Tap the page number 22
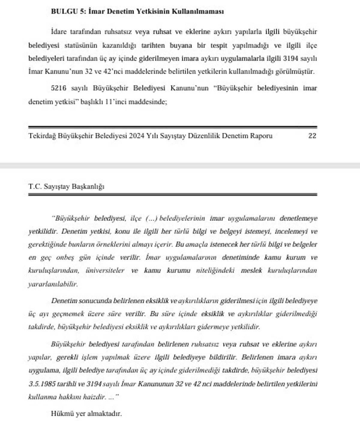tap(312, 136)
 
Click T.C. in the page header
tap(34, 186)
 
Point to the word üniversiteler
tap(105, 270)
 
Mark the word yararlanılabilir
tap(53, 284)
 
